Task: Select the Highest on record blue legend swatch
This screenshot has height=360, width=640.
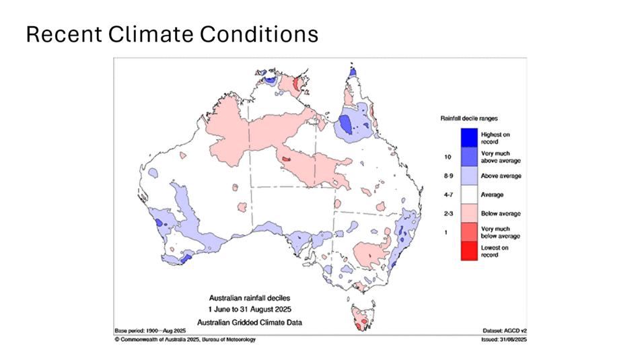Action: (469, 137)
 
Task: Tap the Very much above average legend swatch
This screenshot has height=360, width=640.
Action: (469, 156)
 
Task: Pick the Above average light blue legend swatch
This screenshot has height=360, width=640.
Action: (469, 176)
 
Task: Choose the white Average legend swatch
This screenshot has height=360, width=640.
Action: (469, 194)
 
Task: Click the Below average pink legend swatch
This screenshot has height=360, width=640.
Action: (469, 213)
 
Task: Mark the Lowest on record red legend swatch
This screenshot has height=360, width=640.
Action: (469, 251)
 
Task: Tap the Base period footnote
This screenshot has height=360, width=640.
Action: (149, 332)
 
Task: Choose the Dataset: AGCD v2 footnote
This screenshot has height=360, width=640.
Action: (500, 332)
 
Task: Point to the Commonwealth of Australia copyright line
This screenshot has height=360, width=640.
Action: (185, 340)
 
